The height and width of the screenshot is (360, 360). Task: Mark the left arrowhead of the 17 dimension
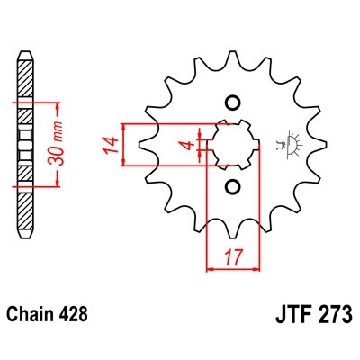pos(211,266)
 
